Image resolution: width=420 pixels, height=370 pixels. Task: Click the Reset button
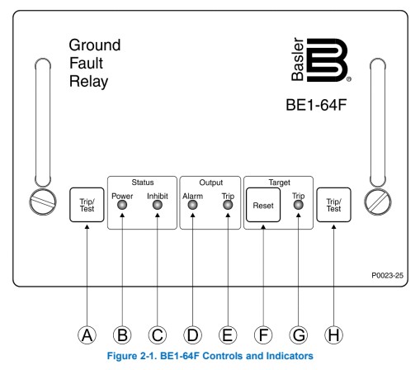(263, 205)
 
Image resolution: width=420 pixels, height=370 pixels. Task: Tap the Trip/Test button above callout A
(87, 205)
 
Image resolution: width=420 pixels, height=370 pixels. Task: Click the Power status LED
(122, 205)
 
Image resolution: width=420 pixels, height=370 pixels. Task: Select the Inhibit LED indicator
(158, 205)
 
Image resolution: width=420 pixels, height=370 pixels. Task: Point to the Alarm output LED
(192, 205)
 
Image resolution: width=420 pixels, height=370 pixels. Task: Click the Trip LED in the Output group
(228, 205)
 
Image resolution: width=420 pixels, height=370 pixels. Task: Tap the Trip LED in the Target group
(299, 205)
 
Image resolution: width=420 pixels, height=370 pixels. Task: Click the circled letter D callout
(192, 335)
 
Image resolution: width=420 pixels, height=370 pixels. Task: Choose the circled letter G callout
(299, 335)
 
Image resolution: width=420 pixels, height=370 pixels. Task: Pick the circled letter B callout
(122, 335)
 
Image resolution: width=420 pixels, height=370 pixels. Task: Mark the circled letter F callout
(263, 335)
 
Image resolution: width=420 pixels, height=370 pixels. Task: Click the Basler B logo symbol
(328, 60)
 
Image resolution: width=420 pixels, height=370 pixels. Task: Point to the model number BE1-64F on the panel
(316, 105)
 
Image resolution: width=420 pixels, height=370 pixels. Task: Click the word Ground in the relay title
(95, 45)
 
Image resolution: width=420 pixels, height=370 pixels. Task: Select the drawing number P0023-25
(387, 275)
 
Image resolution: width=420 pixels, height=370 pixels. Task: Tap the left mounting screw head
(43, 202)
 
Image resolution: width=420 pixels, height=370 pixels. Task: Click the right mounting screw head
(378, 202)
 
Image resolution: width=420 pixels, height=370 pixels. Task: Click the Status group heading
(143, 183)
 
